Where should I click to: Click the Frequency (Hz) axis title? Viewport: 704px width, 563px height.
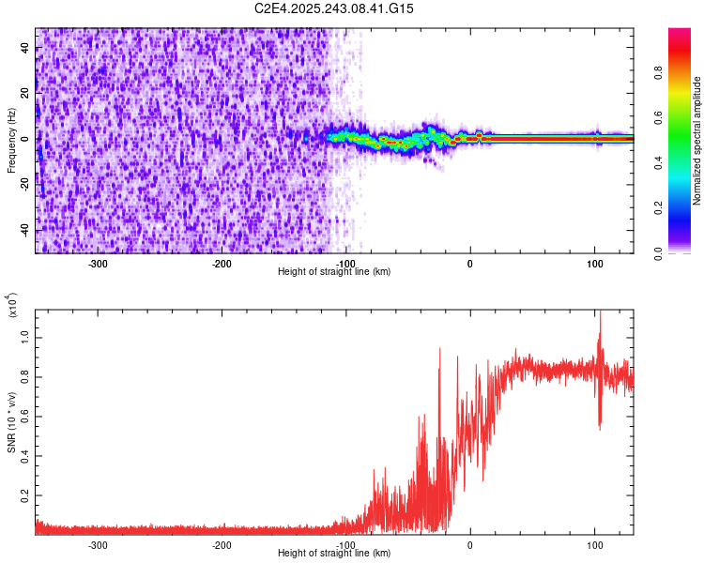[10, 142]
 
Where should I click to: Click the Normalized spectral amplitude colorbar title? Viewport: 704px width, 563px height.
[697, 142]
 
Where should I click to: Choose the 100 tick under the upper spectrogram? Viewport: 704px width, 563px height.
[594, 263]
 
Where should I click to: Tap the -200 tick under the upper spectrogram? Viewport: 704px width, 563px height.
[222, 263]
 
